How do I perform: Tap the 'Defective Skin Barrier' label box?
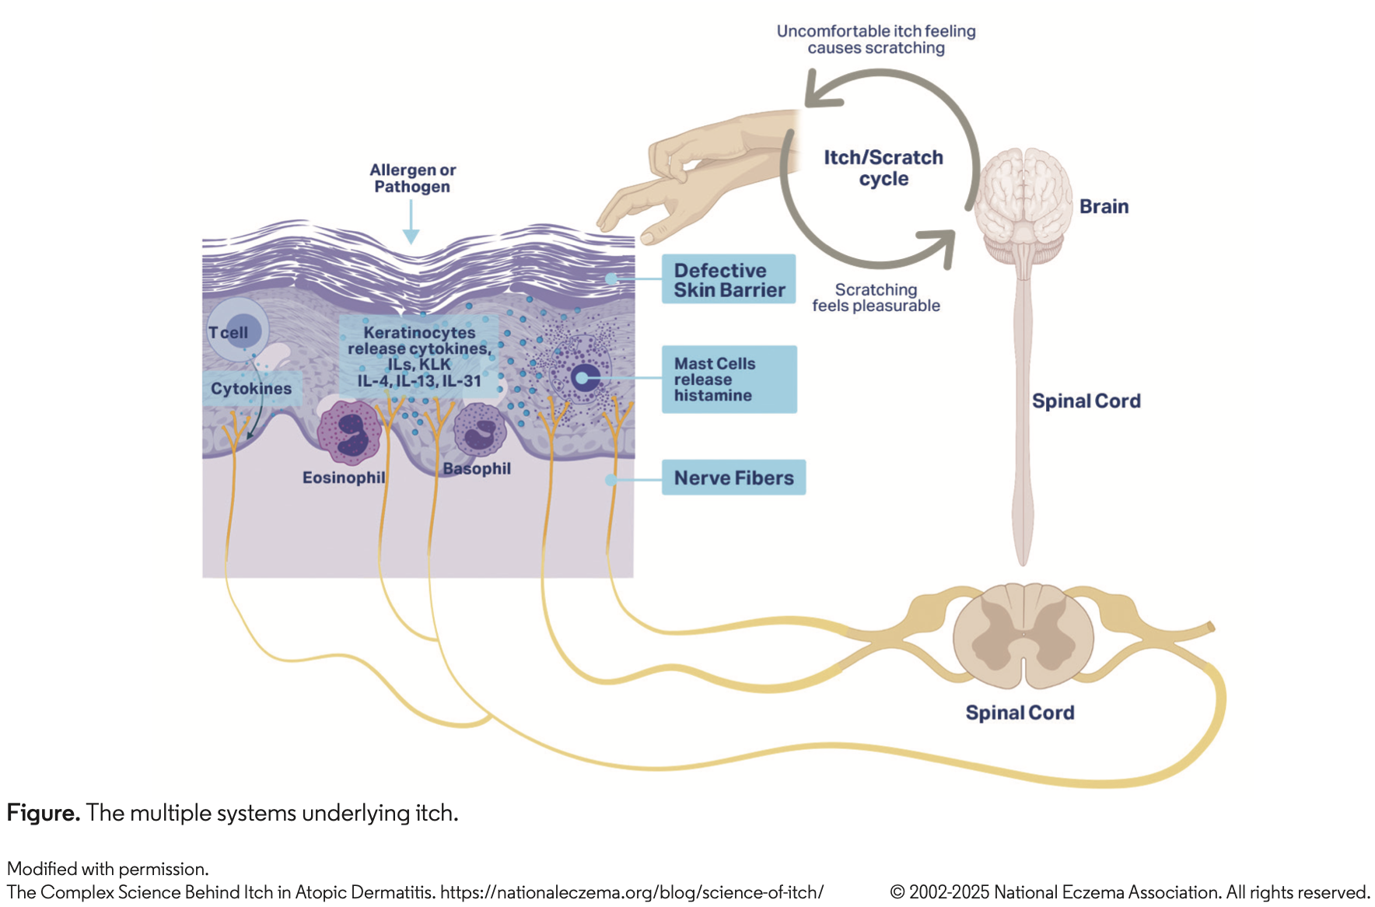pos(729,279)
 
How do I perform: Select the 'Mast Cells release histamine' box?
pos(729,379)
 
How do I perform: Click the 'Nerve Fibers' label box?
pos(733,478)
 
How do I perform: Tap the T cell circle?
pos(237,331)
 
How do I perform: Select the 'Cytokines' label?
pos(251,388)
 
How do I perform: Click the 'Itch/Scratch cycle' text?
pos(883,168)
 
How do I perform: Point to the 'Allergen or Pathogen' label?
pos(412,178)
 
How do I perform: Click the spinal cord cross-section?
pos(1023,636)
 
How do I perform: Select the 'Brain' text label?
pos(1104,206)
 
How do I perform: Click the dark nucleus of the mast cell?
pos(583,379)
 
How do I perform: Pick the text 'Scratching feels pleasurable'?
pos(876,298)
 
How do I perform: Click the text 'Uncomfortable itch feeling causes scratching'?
pos(876,40)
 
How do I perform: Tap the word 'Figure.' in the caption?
pos(44,813)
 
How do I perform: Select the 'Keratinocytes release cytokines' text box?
pos(419,356)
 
